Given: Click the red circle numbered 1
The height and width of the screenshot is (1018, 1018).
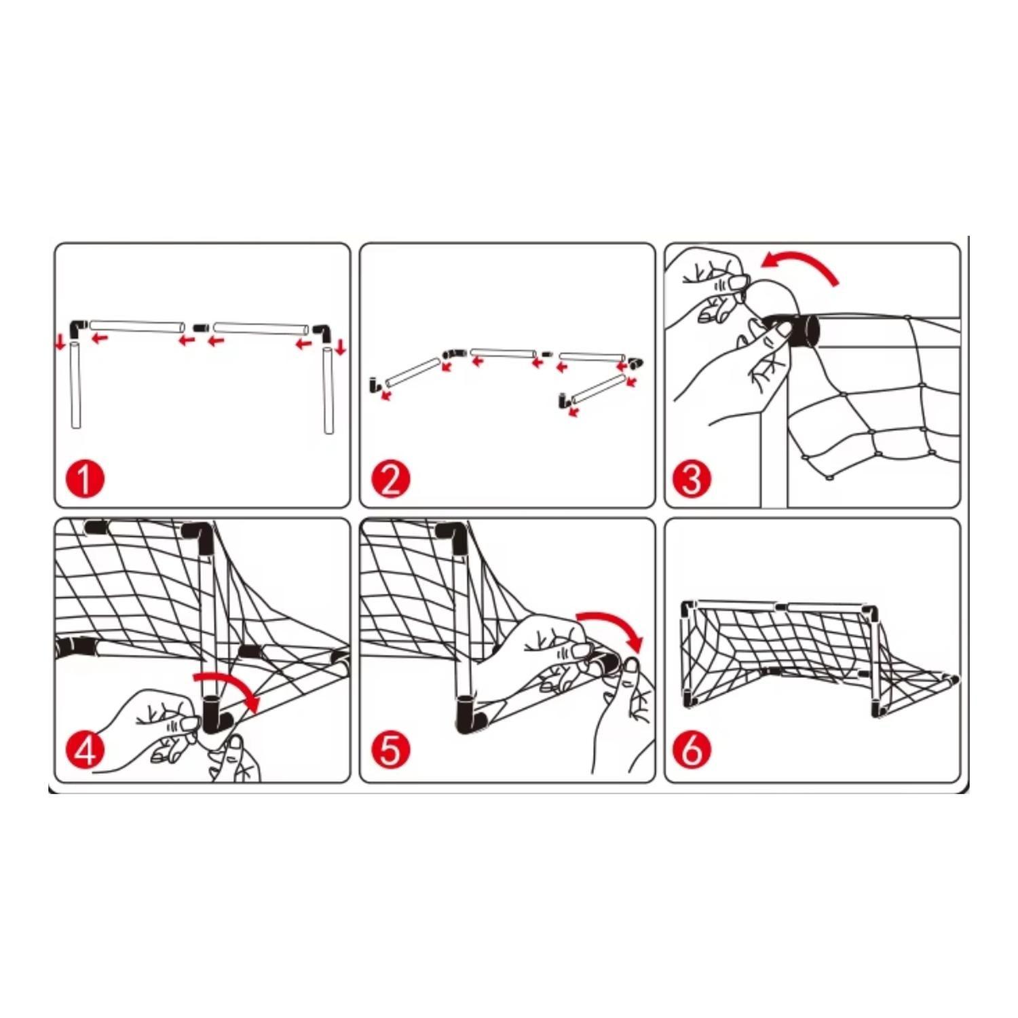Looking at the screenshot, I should coord(84,478).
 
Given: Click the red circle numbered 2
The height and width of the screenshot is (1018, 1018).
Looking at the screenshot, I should coord(391,478).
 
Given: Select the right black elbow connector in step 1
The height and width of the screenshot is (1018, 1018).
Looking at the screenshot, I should coord(322,332).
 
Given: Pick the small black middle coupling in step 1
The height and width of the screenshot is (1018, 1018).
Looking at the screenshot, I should coord(199,328).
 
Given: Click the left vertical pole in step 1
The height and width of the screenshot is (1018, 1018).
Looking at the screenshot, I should coord(75,386).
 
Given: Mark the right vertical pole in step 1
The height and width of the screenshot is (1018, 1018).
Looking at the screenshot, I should coord(328,391).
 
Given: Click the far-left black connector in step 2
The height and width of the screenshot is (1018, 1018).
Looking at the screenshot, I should coord(373,385).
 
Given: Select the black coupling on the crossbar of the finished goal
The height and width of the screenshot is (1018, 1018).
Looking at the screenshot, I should coord(780,606).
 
